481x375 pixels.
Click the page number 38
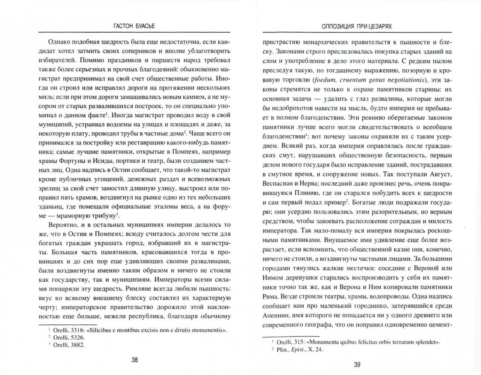pyautogui.click(x=135, y=360)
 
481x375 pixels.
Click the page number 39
pyautogui.click(x=357, y=364)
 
